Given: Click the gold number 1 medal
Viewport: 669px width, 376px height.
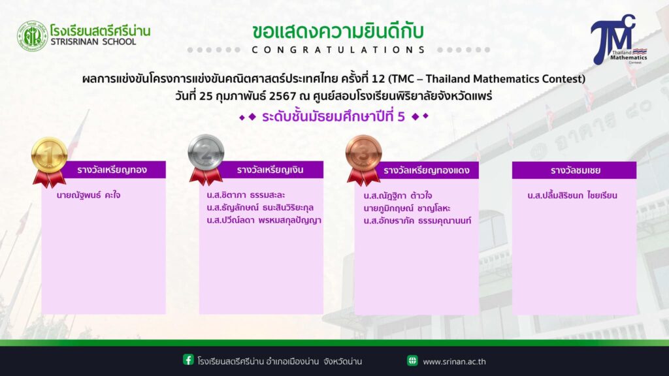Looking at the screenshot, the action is (x=50, y=161).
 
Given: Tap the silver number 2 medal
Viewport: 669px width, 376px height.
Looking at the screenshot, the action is (x=206, y=159).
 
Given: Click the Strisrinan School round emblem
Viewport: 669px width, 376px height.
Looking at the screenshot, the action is (x=32, y=37).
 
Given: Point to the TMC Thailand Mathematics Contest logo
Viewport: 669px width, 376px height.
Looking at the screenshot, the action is (x=618, y=40).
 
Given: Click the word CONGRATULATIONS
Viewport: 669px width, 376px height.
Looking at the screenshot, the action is (x=338, y=50).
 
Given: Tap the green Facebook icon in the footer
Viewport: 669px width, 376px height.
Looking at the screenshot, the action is (x=188, y=360).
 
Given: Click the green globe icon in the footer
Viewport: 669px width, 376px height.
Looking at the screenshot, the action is (x=412, y=360).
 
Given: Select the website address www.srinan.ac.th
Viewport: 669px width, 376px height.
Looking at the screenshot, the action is (x=454, y=362).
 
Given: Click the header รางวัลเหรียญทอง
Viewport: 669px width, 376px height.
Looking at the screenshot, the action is (x=112, y=170).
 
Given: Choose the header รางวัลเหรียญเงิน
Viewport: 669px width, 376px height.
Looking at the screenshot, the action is (x=270, y=170).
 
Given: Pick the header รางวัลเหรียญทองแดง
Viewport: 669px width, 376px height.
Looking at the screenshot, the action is (x=426, y=170).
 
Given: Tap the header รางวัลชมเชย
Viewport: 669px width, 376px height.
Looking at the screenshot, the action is (x=576, y=170).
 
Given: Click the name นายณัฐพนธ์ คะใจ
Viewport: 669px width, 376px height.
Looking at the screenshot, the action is (x=88, y=195).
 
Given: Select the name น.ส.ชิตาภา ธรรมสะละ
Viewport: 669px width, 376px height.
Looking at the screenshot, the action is (x=246, y=195).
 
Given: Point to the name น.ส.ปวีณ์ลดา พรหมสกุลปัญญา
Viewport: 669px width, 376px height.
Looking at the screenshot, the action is (x=264, y=220).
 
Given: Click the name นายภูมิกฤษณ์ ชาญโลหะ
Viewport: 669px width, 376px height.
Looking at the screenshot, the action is (x=406, y=208).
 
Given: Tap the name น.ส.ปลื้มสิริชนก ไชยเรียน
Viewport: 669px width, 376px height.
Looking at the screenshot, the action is (x=572, y=195).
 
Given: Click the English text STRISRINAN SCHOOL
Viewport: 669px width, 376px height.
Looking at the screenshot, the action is (x=93, y=42).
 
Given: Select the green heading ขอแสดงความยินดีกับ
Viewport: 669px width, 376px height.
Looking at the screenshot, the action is (x=338, y=31).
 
